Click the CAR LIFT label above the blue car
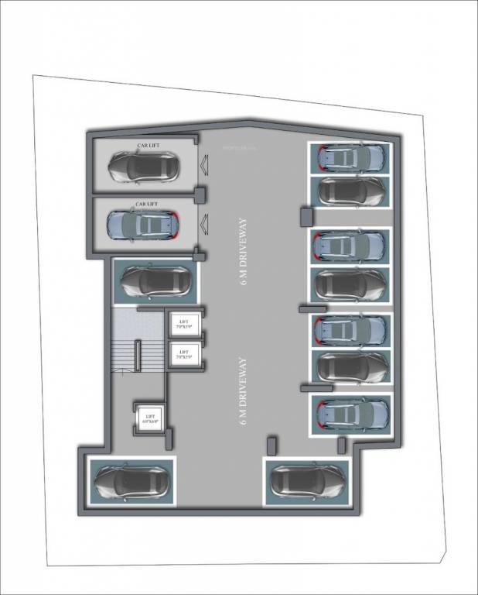point(147,204)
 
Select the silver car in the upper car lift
point(144,166)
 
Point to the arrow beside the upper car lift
point(204,164)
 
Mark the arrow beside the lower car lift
point(204,225)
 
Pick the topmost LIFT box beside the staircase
point(184,324)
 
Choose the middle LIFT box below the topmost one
point(184,355)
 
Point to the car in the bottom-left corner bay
point(128,481)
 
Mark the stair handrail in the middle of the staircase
point(138,357)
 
